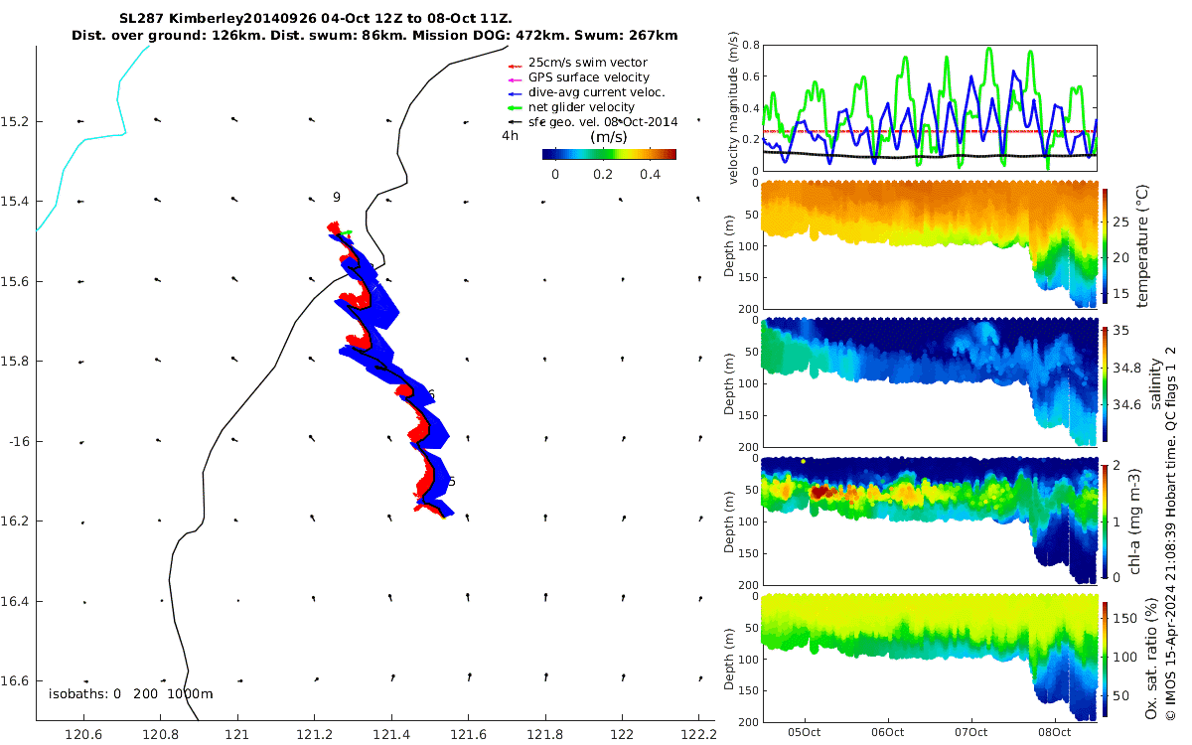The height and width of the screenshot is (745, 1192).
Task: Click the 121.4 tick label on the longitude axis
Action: click(x=391, y=735)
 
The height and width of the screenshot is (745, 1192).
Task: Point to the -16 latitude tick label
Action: click(x=19, y=442)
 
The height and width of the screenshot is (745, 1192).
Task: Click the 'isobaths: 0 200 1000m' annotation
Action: click(x=131, y=694)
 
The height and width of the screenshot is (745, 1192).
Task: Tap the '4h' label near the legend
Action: click(x=510, y=136)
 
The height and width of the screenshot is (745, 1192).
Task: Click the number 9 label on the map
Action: click(x=337, y=198)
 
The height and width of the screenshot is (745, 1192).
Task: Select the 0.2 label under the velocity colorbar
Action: click(x=602, y=175)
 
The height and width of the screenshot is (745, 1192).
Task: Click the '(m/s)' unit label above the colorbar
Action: click(x=609, y=137)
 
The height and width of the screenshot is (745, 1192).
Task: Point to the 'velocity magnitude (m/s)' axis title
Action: click(x=733, y=108)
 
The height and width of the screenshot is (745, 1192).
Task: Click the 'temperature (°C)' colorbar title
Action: click(x=1142, y=246)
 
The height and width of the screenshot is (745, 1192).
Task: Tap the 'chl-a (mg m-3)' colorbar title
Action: click(x=1134, y=521)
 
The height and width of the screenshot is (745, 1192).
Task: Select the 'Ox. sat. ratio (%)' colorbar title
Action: click(x=1151, y=659)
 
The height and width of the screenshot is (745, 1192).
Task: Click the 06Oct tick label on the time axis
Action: click(x=888, y=733)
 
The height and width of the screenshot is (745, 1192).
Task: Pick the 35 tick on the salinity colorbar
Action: click(x=1120, y=331)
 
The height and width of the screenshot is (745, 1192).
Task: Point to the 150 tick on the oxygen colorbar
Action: click(x=1124, y=618)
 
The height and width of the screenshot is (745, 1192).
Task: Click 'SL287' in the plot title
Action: click(x=141, y=19)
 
